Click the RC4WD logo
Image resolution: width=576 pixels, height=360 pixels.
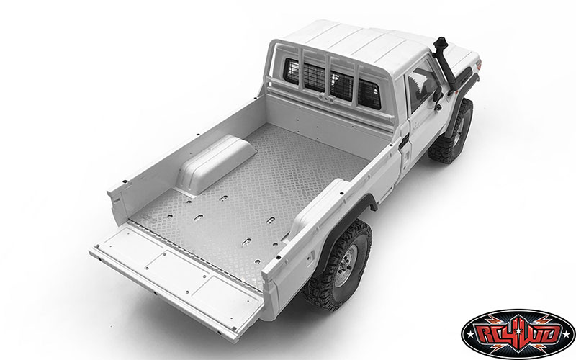point(518,334)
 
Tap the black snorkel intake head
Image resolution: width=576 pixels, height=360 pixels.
point(441,45)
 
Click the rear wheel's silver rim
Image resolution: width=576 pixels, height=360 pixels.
point(346,265)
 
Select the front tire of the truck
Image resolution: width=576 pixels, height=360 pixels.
point(451,132)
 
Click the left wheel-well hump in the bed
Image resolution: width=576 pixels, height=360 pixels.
point(217,164)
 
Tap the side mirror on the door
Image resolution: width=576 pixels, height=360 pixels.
point(437,96)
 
